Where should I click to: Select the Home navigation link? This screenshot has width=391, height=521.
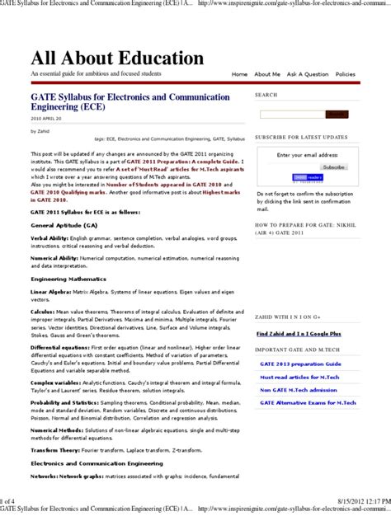click(239, 74)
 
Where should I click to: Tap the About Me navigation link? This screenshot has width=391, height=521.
click(267, 74)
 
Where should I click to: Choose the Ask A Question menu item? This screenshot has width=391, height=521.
click(308, 74)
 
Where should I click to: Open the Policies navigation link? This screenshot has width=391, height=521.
click(346, 74)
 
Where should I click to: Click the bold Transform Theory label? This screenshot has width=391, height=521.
click(55, 451)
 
